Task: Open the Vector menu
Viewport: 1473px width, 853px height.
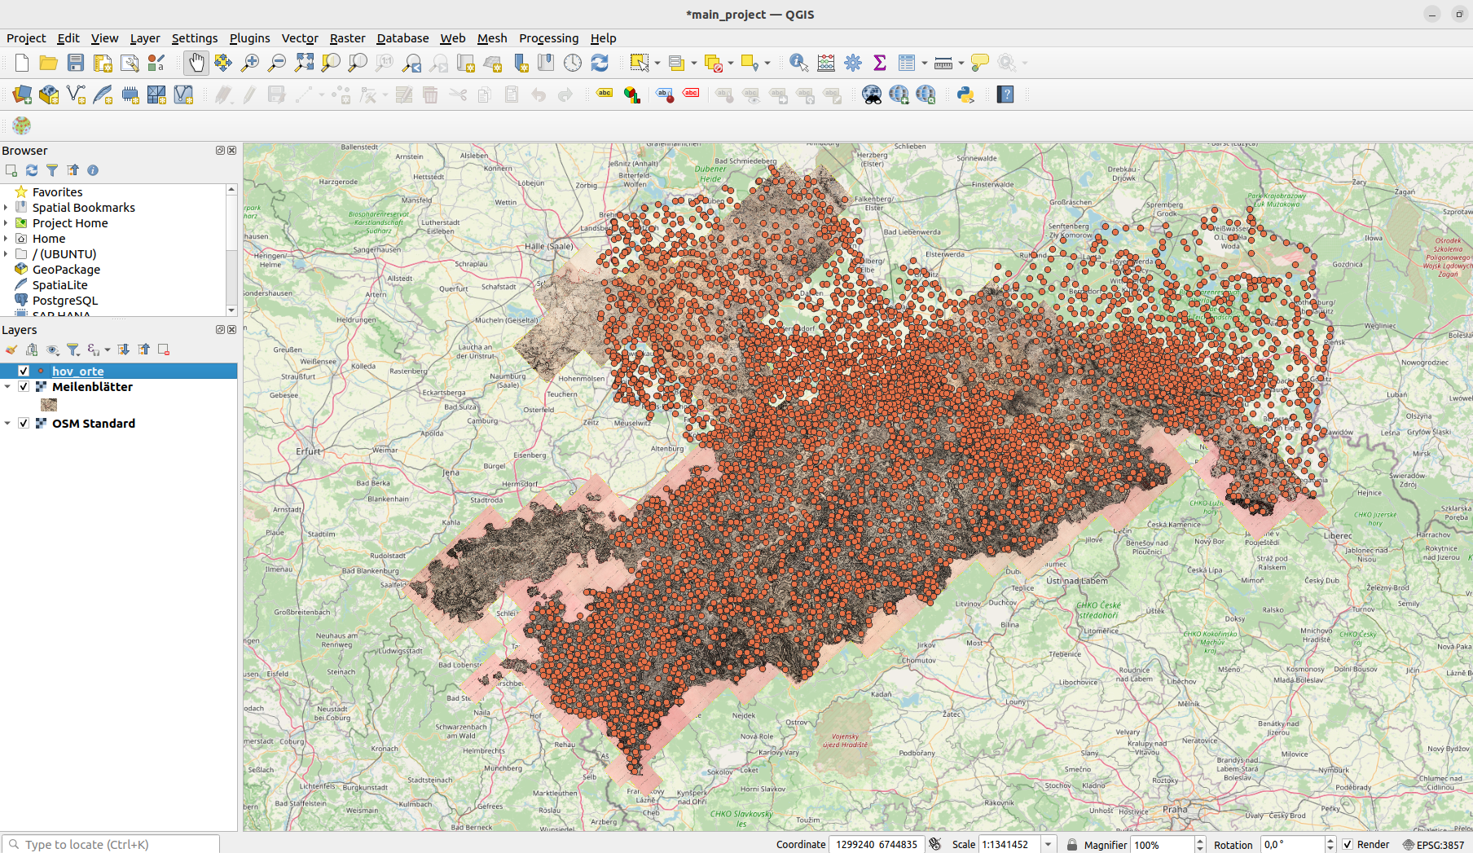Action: (x=299, y=38)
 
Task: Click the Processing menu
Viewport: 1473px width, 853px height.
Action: (x=548, y=38)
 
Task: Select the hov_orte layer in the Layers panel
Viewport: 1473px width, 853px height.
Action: (x=78, y=372)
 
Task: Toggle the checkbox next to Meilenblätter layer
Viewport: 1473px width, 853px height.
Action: (x=24, y=387)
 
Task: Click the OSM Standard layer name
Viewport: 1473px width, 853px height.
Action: (x=94, y=424)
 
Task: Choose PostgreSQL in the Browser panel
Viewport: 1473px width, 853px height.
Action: (x=65, y=301)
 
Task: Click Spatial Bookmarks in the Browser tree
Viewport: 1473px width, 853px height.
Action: (x=83, y=208)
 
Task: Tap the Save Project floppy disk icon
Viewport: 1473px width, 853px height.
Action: (x=76, y=63)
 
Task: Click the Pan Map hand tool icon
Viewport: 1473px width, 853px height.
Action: (x=196, y=63)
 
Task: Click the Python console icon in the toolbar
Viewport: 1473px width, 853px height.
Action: (x=965, y=95)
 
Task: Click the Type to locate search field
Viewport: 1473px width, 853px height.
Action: (x=114, y=844)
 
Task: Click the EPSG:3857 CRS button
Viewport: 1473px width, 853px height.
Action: (x=1433, y=844)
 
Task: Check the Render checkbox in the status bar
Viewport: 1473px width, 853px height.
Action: (x=1348, y=844)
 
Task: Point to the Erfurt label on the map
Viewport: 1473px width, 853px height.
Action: (x=309, y=451)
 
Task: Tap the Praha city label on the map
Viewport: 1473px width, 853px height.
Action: (x=1175, y=809)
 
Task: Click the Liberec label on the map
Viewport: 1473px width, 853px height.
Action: (x=1338, y=535)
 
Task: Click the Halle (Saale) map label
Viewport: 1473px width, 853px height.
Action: (x=548, y=246)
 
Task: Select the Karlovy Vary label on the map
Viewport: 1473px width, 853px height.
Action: (x=780, y=752)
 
